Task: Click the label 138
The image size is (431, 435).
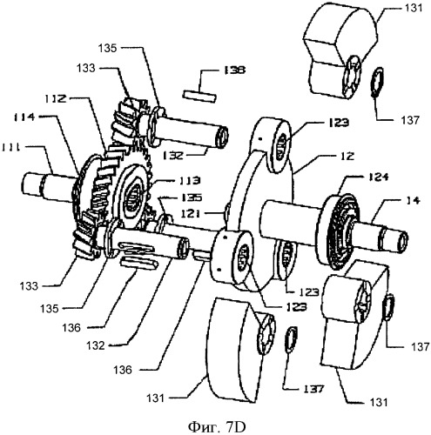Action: (235, 70)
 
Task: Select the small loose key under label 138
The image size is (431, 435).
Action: (199, 97)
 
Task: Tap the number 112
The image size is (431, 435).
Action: (55, 99)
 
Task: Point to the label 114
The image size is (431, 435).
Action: (24, 117)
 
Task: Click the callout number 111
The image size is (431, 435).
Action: (10, 147)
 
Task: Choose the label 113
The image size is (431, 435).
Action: (190, 180)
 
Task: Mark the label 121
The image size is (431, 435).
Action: (190, 214)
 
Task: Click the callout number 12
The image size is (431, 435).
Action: (346, 157)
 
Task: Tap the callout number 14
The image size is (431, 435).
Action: (412, 200)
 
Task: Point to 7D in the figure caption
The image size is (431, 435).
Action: (236, 426)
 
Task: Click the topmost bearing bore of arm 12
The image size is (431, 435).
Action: (281, 147)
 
